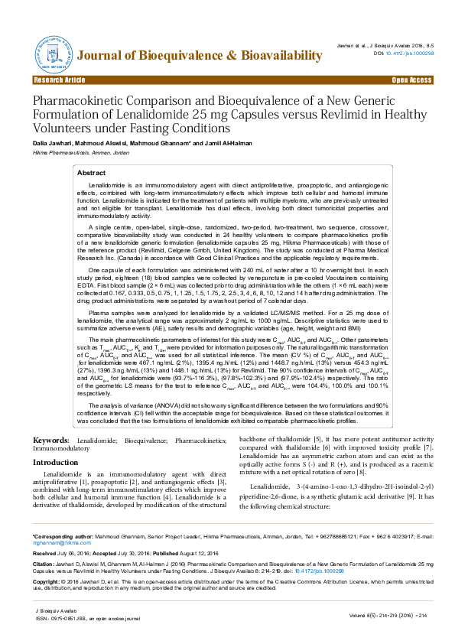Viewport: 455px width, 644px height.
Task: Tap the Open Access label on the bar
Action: (411, 80)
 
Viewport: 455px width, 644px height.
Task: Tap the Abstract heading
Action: (92, 174)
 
